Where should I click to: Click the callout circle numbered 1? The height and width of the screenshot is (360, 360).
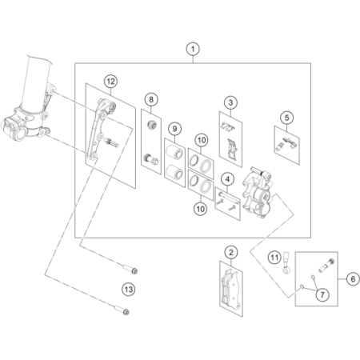193,49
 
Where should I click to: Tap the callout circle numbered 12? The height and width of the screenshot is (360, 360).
110,82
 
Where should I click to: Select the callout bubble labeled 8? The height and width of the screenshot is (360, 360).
151,99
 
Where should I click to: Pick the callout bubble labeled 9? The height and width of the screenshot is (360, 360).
174,129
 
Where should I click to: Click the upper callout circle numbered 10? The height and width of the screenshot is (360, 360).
202,140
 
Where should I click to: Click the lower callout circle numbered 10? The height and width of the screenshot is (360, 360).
201,209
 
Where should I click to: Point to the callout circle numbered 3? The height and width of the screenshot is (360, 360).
230,102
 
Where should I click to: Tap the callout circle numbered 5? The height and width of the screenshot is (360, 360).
287,118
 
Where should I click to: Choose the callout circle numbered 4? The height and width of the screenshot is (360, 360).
227,179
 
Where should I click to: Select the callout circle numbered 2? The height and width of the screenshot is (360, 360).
231,252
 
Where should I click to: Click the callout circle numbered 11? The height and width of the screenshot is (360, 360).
274,258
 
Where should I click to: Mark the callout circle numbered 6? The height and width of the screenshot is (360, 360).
353,279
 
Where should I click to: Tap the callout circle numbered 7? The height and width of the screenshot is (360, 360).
322,294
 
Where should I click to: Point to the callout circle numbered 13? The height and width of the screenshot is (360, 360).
129,290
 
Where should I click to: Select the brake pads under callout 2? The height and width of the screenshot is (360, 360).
231,290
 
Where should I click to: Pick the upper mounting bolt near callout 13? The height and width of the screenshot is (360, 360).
130,269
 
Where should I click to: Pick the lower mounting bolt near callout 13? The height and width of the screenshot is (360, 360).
122,310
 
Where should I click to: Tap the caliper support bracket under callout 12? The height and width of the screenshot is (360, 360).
100,128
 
